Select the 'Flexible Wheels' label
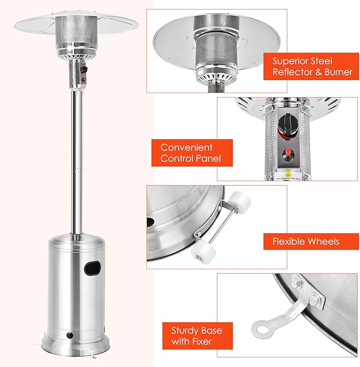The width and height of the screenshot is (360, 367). pos(306,242)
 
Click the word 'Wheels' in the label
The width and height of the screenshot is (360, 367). pos(322,242)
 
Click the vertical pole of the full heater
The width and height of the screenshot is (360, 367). pos(76,159)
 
